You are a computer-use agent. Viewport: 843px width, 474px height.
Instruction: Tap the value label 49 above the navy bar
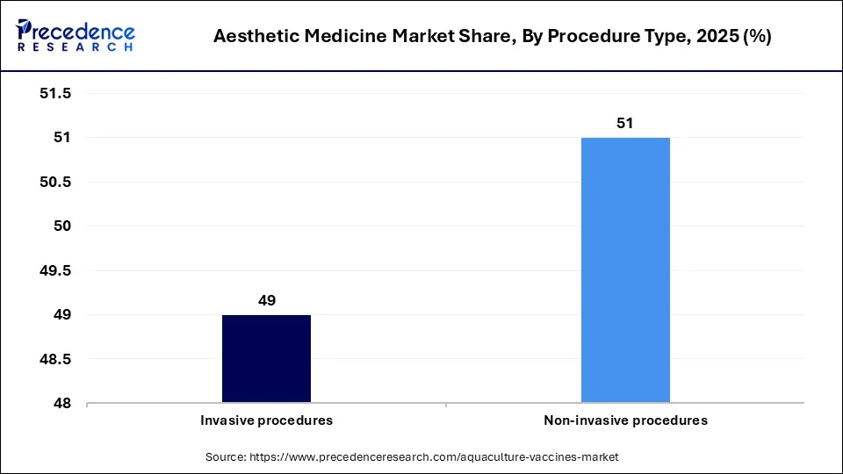coord(267,300)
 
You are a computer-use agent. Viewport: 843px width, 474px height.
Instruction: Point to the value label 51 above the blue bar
coord(625,124)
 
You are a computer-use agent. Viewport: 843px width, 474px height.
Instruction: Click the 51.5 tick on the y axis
coord(54,93)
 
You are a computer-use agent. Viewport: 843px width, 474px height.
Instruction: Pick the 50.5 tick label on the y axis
coord(54,182)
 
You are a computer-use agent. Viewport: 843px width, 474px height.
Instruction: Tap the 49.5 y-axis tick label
coord(54,270)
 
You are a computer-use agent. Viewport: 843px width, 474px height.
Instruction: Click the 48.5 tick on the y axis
coord(54,359)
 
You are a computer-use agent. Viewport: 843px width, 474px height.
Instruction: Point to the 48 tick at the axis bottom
coord(61,404)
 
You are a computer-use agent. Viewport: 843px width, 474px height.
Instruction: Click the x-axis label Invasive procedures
coord(267,420)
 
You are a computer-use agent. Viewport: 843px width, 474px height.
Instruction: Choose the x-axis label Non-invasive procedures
coord(625,420)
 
